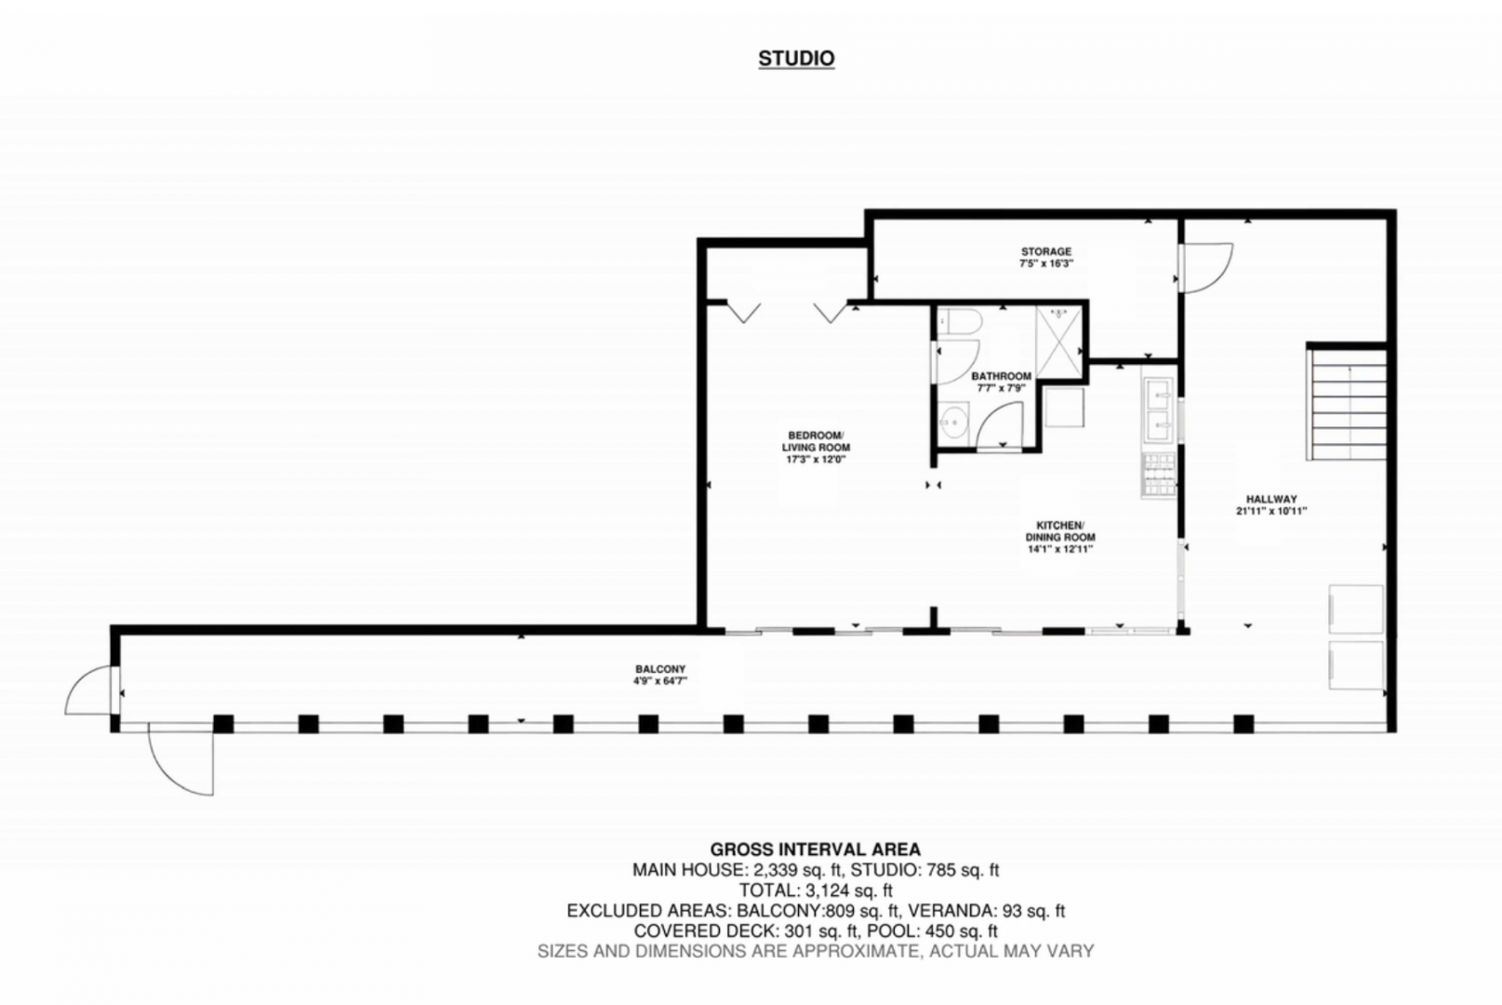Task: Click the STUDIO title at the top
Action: [796, 59]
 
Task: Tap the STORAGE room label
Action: [1046, 251]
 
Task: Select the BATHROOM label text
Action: [1001, 376]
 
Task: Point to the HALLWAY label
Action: [1271, 499]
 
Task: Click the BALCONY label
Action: [660, 669]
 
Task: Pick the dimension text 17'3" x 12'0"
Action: [816, 460]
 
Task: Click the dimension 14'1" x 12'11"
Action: [1060, 549]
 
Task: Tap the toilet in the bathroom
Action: [959, 321]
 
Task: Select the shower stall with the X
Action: [1058, 341]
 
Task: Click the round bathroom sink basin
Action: [951, 422]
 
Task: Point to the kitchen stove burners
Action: [1158, 475]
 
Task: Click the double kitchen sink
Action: [1159, 410]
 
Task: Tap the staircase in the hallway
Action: [1347, 403]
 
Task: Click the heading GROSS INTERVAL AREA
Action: [816, 850]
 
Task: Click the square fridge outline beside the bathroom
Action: [1064, 407]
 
